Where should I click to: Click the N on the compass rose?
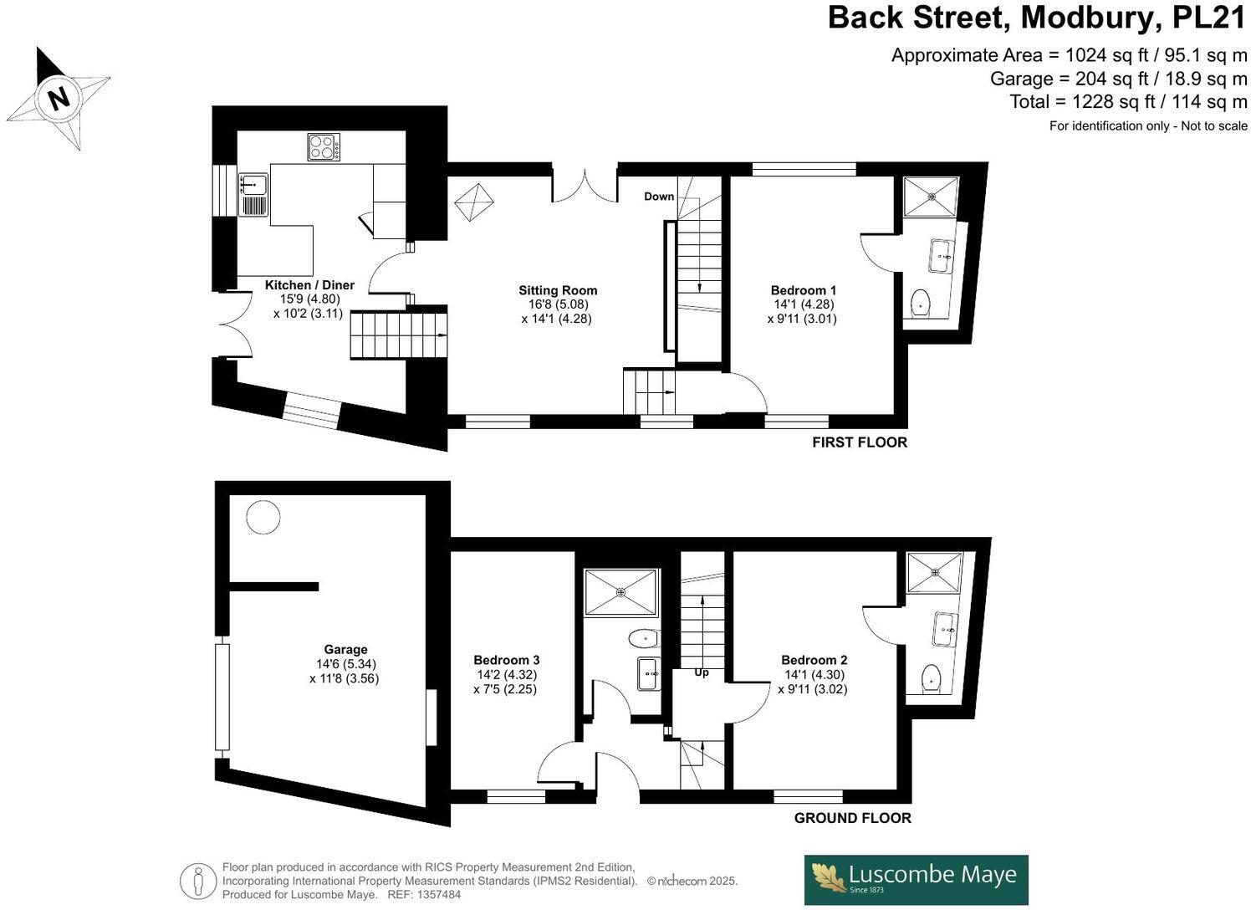(x=59, y=98)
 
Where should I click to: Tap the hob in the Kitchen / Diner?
(x=324, y=147)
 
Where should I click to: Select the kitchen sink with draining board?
(x=253, y=194)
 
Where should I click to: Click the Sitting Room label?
(x=558, y=290)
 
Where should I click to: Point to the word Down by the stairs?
(x=659, y=197)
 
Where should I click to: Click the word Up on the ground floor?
(x=701, y=672)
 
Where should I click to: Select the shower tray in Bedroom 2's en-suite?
(x=934, y=572)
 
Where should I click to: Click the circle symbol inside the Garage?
(x=263, y=518)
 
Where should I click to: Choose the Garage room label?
(x=345, y=649)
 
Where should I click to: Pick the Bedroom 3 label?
(x=506, y=660)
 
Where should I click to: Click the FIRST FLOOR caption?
(x=859, y=442)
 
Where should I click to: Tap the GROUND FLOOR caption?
(x=852, y=818)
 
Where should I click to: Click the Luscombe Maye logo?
(x=916, y=879)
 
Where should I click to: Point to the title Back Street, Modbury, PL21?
(x=1036, y=18)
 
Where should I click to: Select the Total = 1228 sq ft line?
(x=1128, y=102)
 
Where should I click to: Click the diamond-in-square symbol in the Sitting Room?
(x=474, y=203)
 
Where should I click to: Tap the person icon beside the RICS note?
(x=198, y=881)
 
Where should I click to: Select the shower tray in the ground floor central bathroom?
(x=620, y=592)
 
